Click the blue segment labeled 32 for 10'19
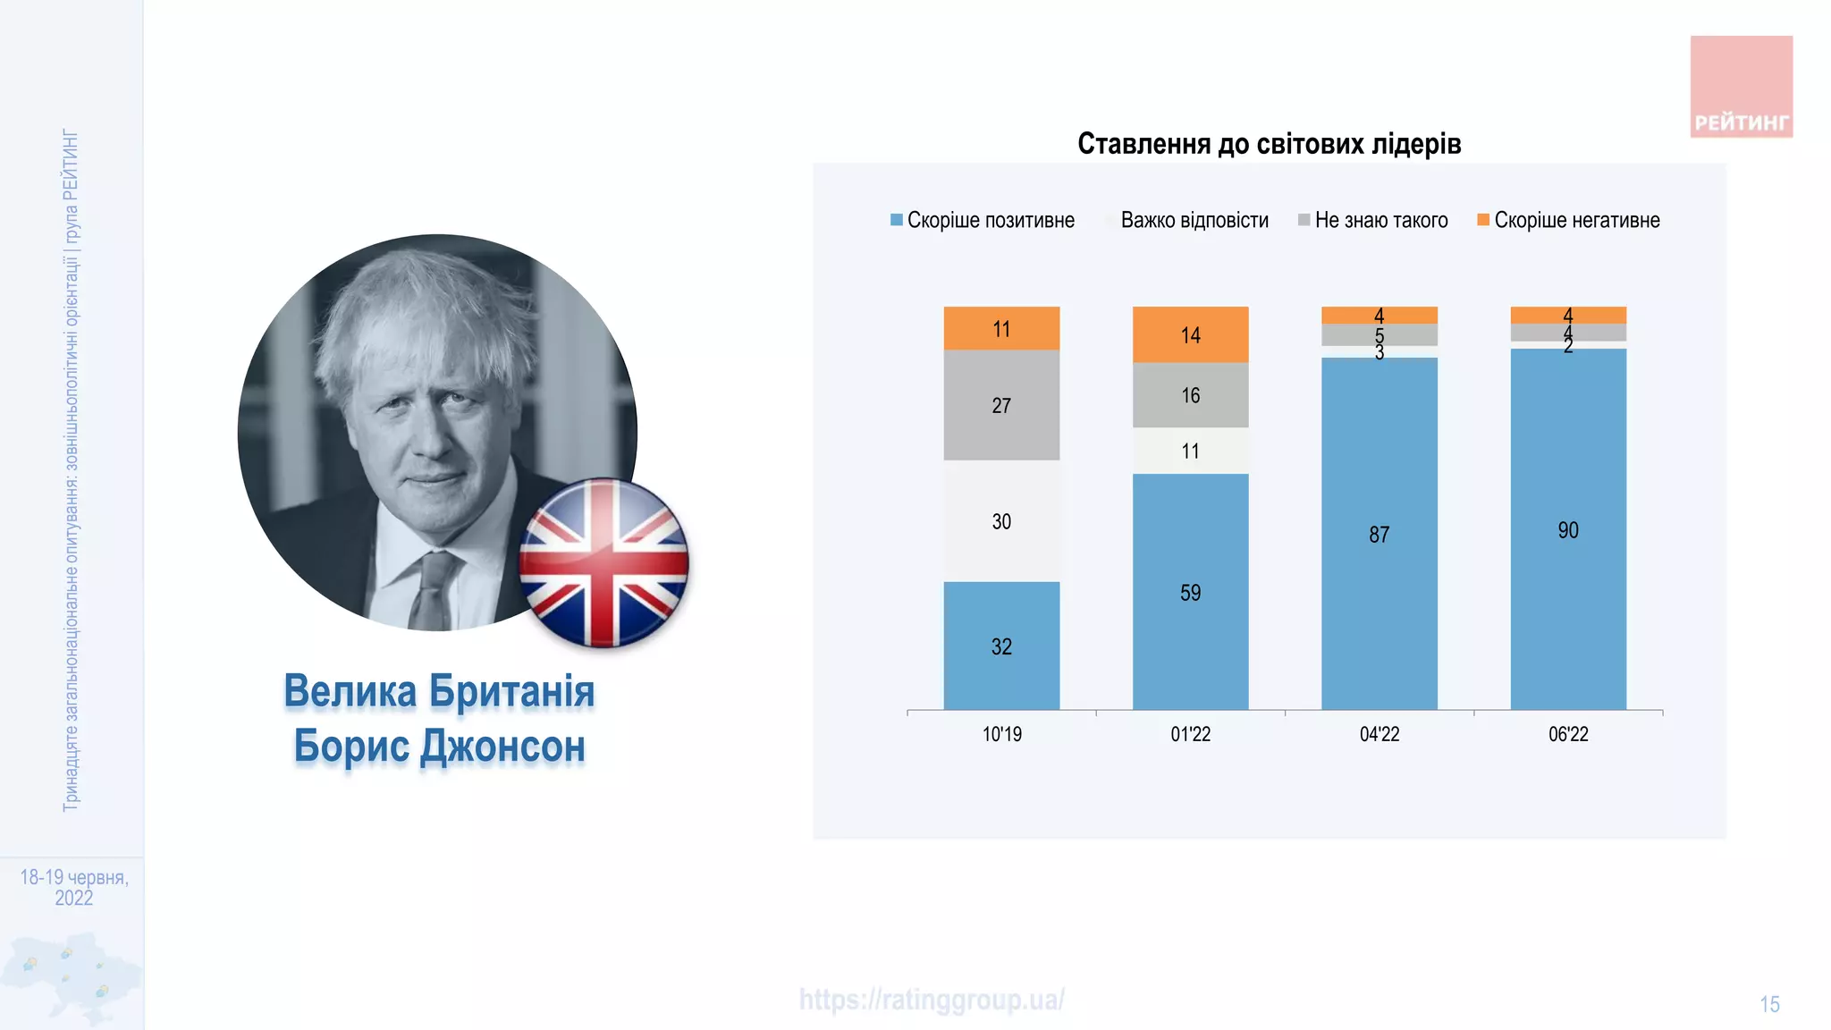click(x=1001, y=646)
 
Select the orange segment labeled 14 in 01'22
click(x=1190, y=334)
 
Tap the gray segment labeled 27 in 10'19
click(x=1001, y=405)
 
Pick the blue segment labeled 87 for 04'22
click(x=1379, y=534)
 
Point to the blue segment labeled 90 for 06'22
click(x=1567, y=529)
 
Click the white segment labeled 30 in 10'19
click(x=1001, y=521)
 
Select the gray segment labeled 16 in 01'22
click(x=1190, y=395)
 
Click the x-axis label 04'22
click(x=1379, y=734)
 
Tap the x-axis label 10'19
click(x=1001, y=734)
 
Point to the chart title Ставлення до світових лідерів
click(x=1269, y=144)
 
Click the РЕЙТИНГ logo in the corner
click(x=1741, y=87)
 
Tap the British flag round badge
click(x=604, y=563)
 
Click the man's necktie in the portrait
click(x=435, y=590)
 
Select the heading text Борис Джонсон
click(x=439, y=747)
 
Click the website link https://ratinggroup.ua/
click(x=932, y=1000)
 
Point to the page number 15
click(x=1769, y=1004)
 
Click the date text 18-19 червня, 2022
click(x=74, y=887)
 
